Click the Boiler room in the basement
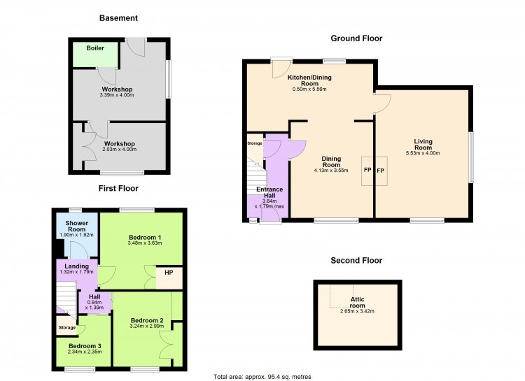[95, 55]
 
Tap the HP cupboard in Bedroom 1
[169, 278]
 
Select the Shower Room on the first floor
[77, 235]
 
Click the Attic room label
[357, 303]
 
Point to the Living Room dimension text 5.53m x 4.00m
[423, 153]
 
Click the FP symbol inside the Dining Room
[367, 170]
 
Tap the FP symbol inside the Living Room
[380, 171]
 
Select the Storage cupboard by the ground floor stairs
[255, 148]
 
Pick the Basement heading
[118, 18]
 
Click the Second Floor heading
[356, 261]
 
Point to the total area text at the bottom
[262, 377]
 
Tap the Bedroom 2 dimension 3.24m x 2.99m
[147, 326]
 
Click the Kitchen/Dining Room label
[309, 80]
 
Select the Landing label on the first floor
[77, 266]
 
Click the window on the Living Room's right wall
[471, 157]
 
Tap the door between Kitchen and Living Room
[382, 104]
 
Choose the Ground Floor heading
[356, 38]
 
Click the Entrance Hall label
[269, 192]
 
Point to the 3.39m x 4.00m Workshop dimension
[117, 95]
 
